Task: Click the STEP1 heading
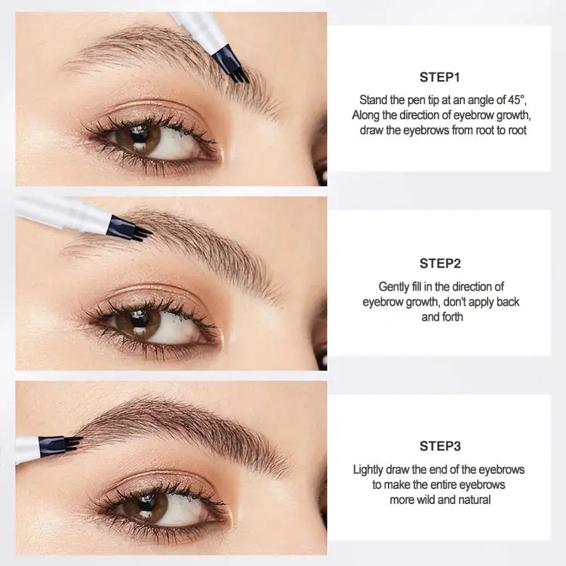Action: click(439, 77)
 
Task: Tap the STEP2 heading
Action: click(439, 263)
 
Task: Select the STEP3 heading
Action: click(439, 446)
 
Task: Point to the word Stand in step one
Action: click(373, 100)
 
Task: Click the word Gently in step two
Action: click(393, 287)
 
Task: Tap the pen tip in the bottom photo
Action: click(72, 443)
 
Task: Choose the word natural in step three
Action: click(472, 500)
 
